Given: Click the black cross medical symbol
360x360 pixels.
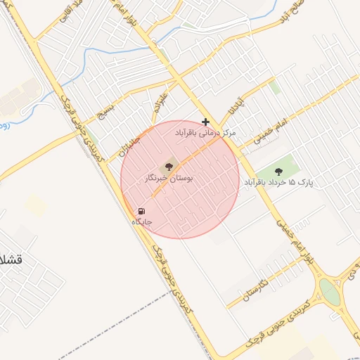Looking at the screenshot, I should pos(205,122).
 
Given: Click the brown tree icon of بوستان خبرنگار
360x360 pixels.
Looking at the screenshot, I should pos(168,167).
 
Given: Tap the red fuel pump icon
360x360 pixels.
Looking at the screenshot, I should pos(141,211).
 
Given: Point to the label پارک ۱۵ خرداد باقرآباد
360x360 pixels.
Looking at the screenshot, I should pos(278,183).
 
